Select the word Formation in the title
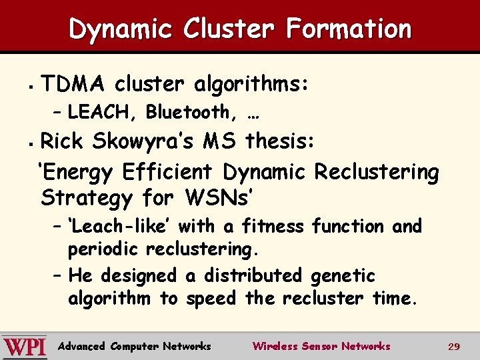tap(349, 29)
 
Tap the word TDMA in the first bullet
tap(73, 85)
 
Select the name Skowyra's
tap(143, 141)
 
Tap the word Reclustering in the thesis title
tap(377, 172)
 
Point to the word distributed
tap(254, 275)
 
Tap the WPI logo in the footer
tap(25, 347)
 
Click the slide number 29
tap(454, 347)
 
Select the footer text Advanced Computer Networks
tap(135, 346)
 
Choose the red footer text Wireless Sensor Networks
tap(321, 346)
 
